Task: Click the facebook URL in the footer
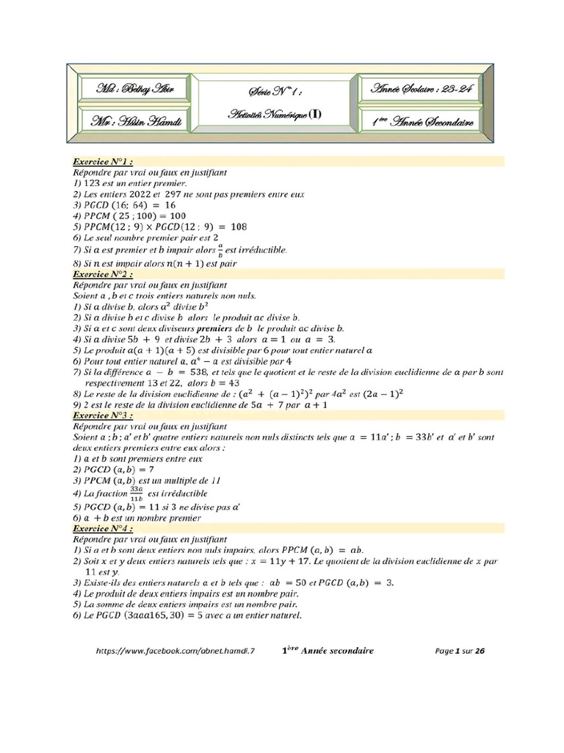click(179, 651)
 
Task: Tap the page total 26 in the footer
click(480, 651)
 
